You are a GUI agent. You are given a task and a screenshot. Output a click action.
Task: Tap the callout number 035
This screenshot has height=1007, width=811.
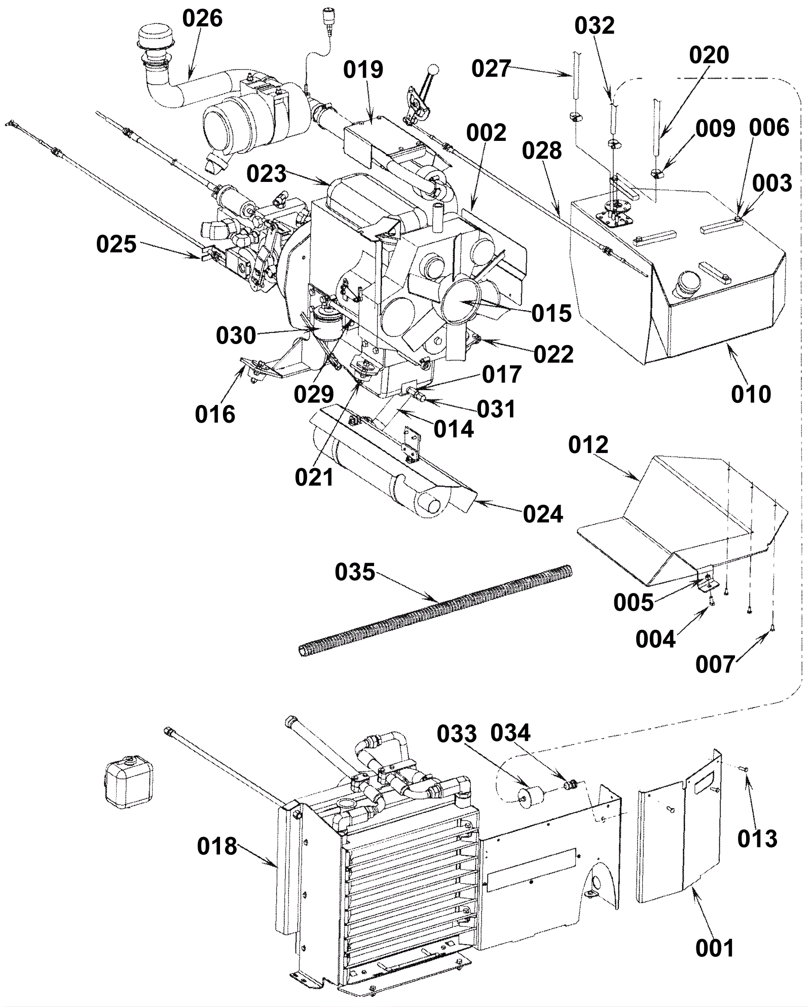pyautogui.click(x=355, y=573)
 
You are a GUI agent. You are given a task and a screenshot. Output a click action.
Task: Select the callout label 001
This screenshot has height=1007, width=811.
pyautogui.click(x=714, y=948)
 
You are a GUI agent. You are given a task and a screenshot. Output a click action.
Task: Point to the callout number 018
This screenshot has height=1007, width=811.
pyautogui.click(x=217, y=846)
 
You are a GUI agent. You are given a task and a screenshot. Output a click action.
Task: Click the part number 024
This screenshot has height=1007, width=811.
pyautogui.click(x=543, y=514)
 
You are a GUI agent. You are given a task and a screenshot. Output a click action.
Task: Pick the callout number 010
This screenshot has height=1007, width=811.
pyautogui.click(x=751, y=394)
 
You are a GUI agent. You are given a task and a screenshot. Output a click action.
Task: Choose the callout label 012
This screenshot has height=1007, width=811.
pyautogui.click(x=588, y=445)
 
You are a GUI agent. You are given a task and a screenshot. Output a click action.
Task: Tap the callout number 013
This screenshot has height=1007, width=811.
pyautogui.click(x=757, y=839)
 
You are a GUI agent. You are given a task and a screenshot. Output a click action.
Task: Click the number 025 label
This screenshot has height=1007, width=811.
pyautogui.click(x=117, y=244)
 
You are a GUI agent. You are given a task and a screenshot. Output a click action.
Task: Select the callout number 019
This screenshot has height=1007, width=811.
pyautogui.click(x=363, y=70)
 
